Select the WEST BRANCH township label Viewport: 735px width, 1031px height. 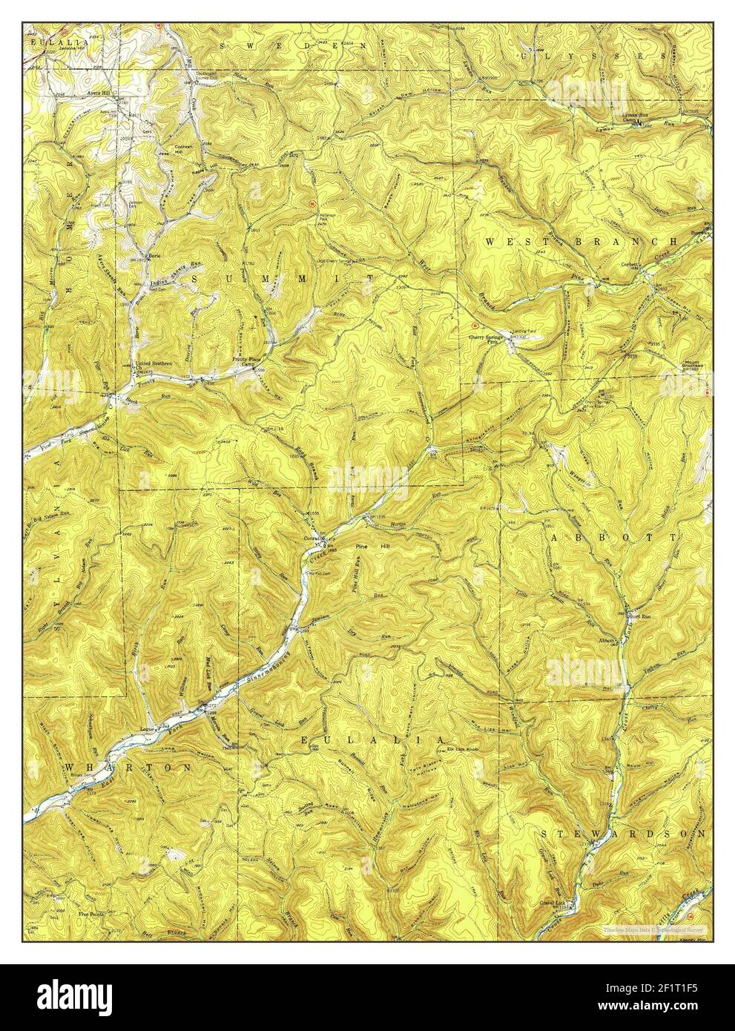coord(581,242)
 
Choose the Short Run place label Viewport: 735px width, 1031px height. coord(636,616)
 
